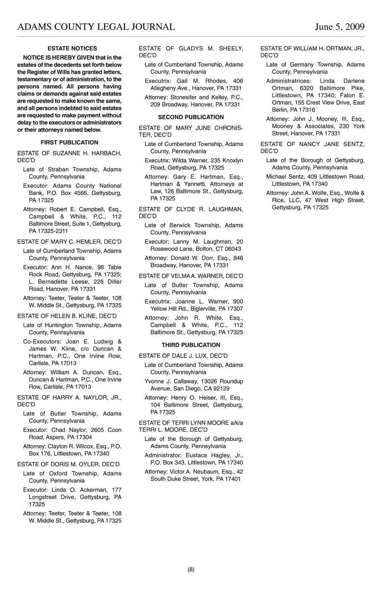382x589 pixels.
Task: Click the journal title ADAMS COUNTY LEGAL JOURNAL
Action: [x=96, y=27]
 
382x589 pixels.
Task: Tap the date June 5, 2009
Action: [x=339, y=27]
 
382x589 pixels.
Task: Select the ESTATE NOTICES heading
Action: [x=72, y=48]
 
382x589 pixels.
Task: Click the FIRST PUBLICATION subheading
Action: [x=69, y=143]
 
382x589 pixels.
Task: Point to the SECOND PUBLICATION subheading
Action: [x=191, y=117]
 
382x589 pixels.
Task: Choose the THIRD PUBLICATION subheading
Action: [x=191, y=345]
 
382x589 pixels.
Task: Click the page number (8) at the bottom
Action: [x=191, y=570]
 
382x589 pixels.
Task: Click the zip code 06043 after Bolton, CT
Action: [x=233, y=249]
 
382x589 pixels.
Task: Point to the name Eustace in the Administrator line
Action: [x=196, y=456]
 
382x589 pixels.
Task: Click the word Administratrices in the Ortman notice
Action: [x=288, y=81]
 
